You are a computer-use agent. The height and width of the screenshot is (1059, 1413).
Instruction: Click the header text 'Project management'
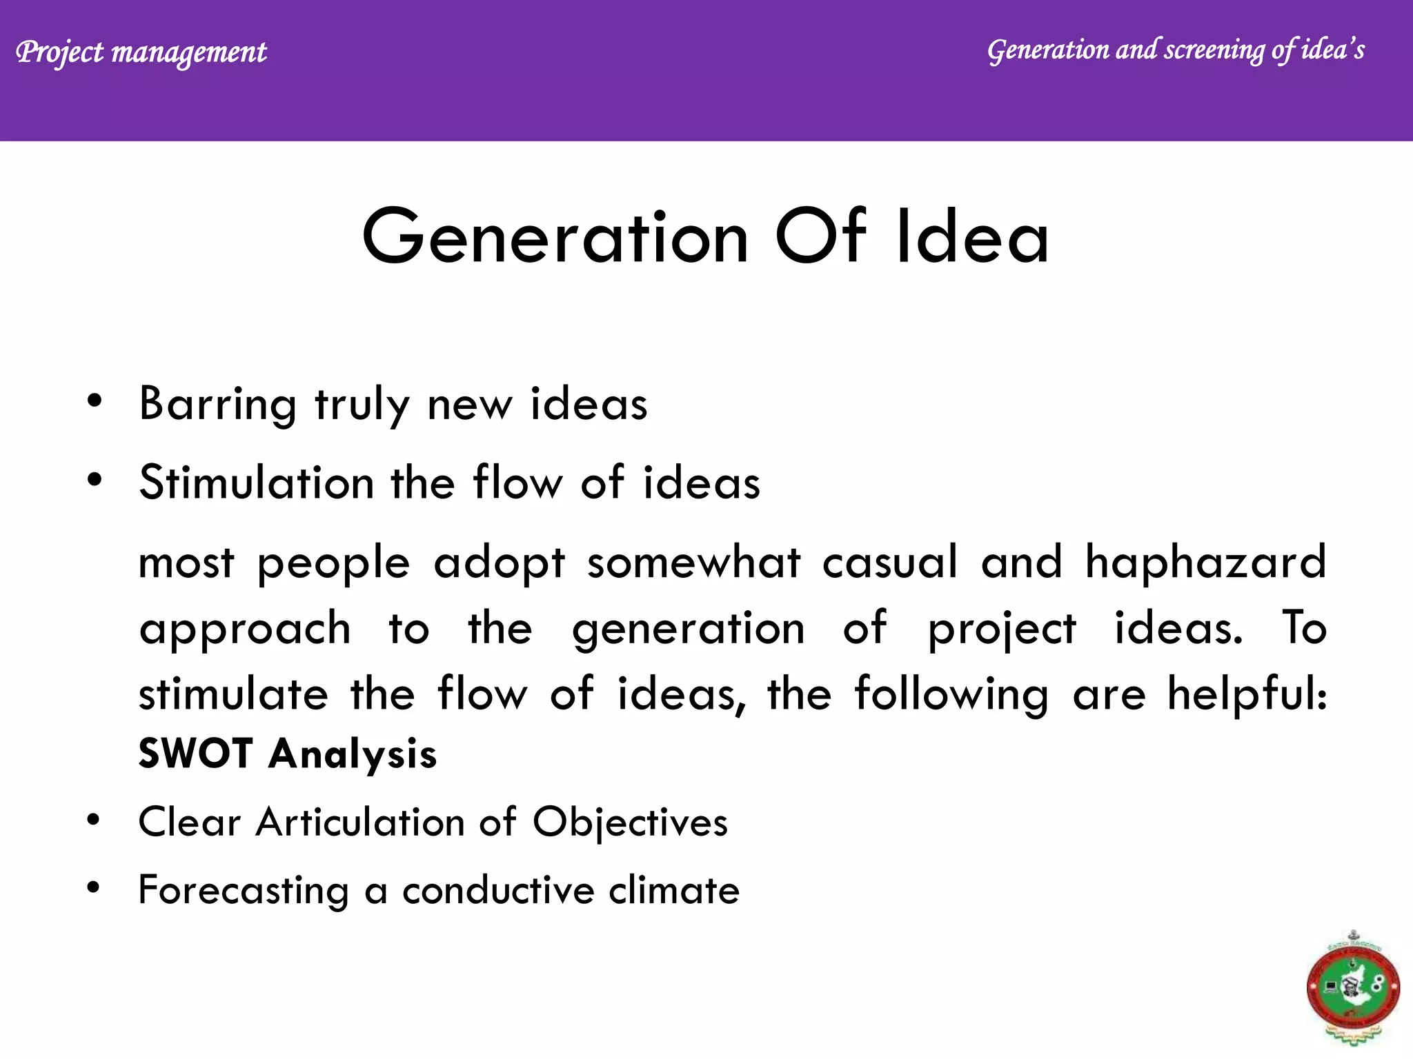point(141,52)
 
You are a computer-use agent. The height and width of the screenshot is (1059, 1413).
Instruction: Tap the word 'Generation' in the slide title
point(555,237)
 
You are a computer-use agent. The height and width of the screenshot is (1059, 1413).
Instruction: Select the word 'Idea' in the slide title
point(972,237)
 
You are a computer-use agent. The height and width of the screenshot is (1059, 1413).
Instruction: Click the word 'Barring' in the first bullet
point(217,405)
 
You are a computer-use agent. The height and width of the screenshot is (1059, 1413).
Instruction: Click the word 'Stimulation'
point(256,482)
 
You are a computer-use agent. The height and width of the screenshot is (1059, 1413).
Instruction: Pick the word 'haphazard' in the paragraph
point(1205,562)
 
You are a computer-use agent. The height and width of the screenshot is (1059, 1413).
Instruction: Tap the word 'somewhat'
point(693,562)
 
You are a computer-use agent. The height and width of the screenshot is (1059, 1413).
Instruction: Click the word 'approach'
point(245,629)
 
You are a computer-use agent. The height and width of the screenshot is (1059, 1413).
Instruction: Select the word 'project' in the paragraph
point(1001,629)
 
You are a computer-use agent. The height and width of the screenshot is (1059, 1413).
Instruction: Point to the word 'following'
point(951,694)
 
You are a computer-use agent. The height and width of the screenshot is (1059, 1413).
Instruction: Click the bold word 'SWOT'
point(195,753)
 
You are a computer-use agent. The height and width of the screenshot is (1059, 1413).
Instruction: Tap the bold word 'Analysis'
point(353,754)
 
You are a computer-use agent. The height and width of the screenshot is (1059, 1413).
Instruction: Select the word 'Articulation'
point(360,823)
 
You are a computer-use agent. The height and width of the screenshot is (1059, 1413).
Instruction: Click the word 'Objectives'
point(630,823)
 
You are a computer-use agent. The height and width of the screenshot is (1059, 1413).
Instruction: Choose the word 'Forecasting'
point(244,890)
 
